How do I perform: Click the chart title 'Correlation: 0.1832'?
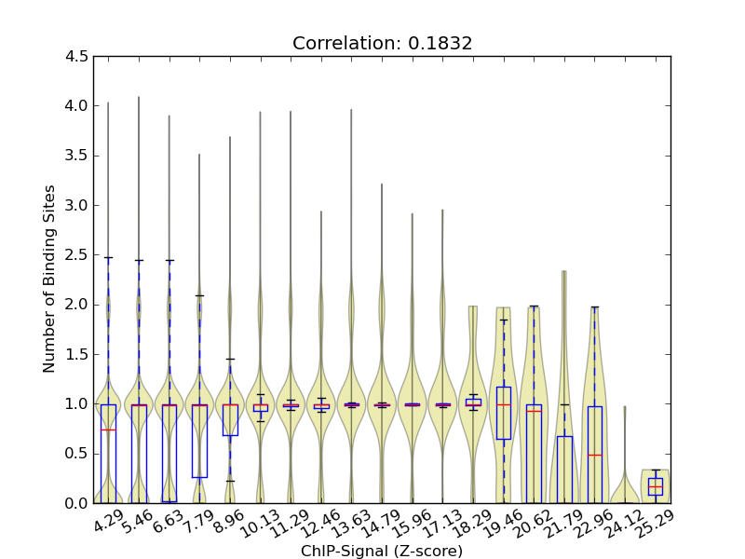[x=382, y=43]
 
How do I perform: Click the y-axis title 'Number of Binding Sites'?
[x=49, y=279]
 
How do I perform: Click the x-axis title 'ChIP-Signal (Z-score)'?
[x=382, y=551]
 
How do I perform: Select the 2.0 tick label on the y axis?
[x=79, y=305]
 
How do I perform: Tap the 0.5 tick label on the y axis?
[x=79, y=454]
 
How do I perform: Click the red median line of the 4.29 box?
[x=108, y=429]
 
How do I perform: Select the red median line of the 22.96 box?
[x=595, y=455]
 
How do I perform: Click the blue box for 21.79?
[x=564, y=469]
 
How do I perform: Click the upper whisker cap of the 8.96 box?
[x=230, y=359]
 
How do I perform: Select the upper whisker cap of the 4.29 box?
[x=108, y=257]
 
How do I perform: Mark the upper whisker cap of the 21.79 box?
[x=564, y=404]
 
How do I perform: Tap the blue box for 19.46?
[x=504, y=413]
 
